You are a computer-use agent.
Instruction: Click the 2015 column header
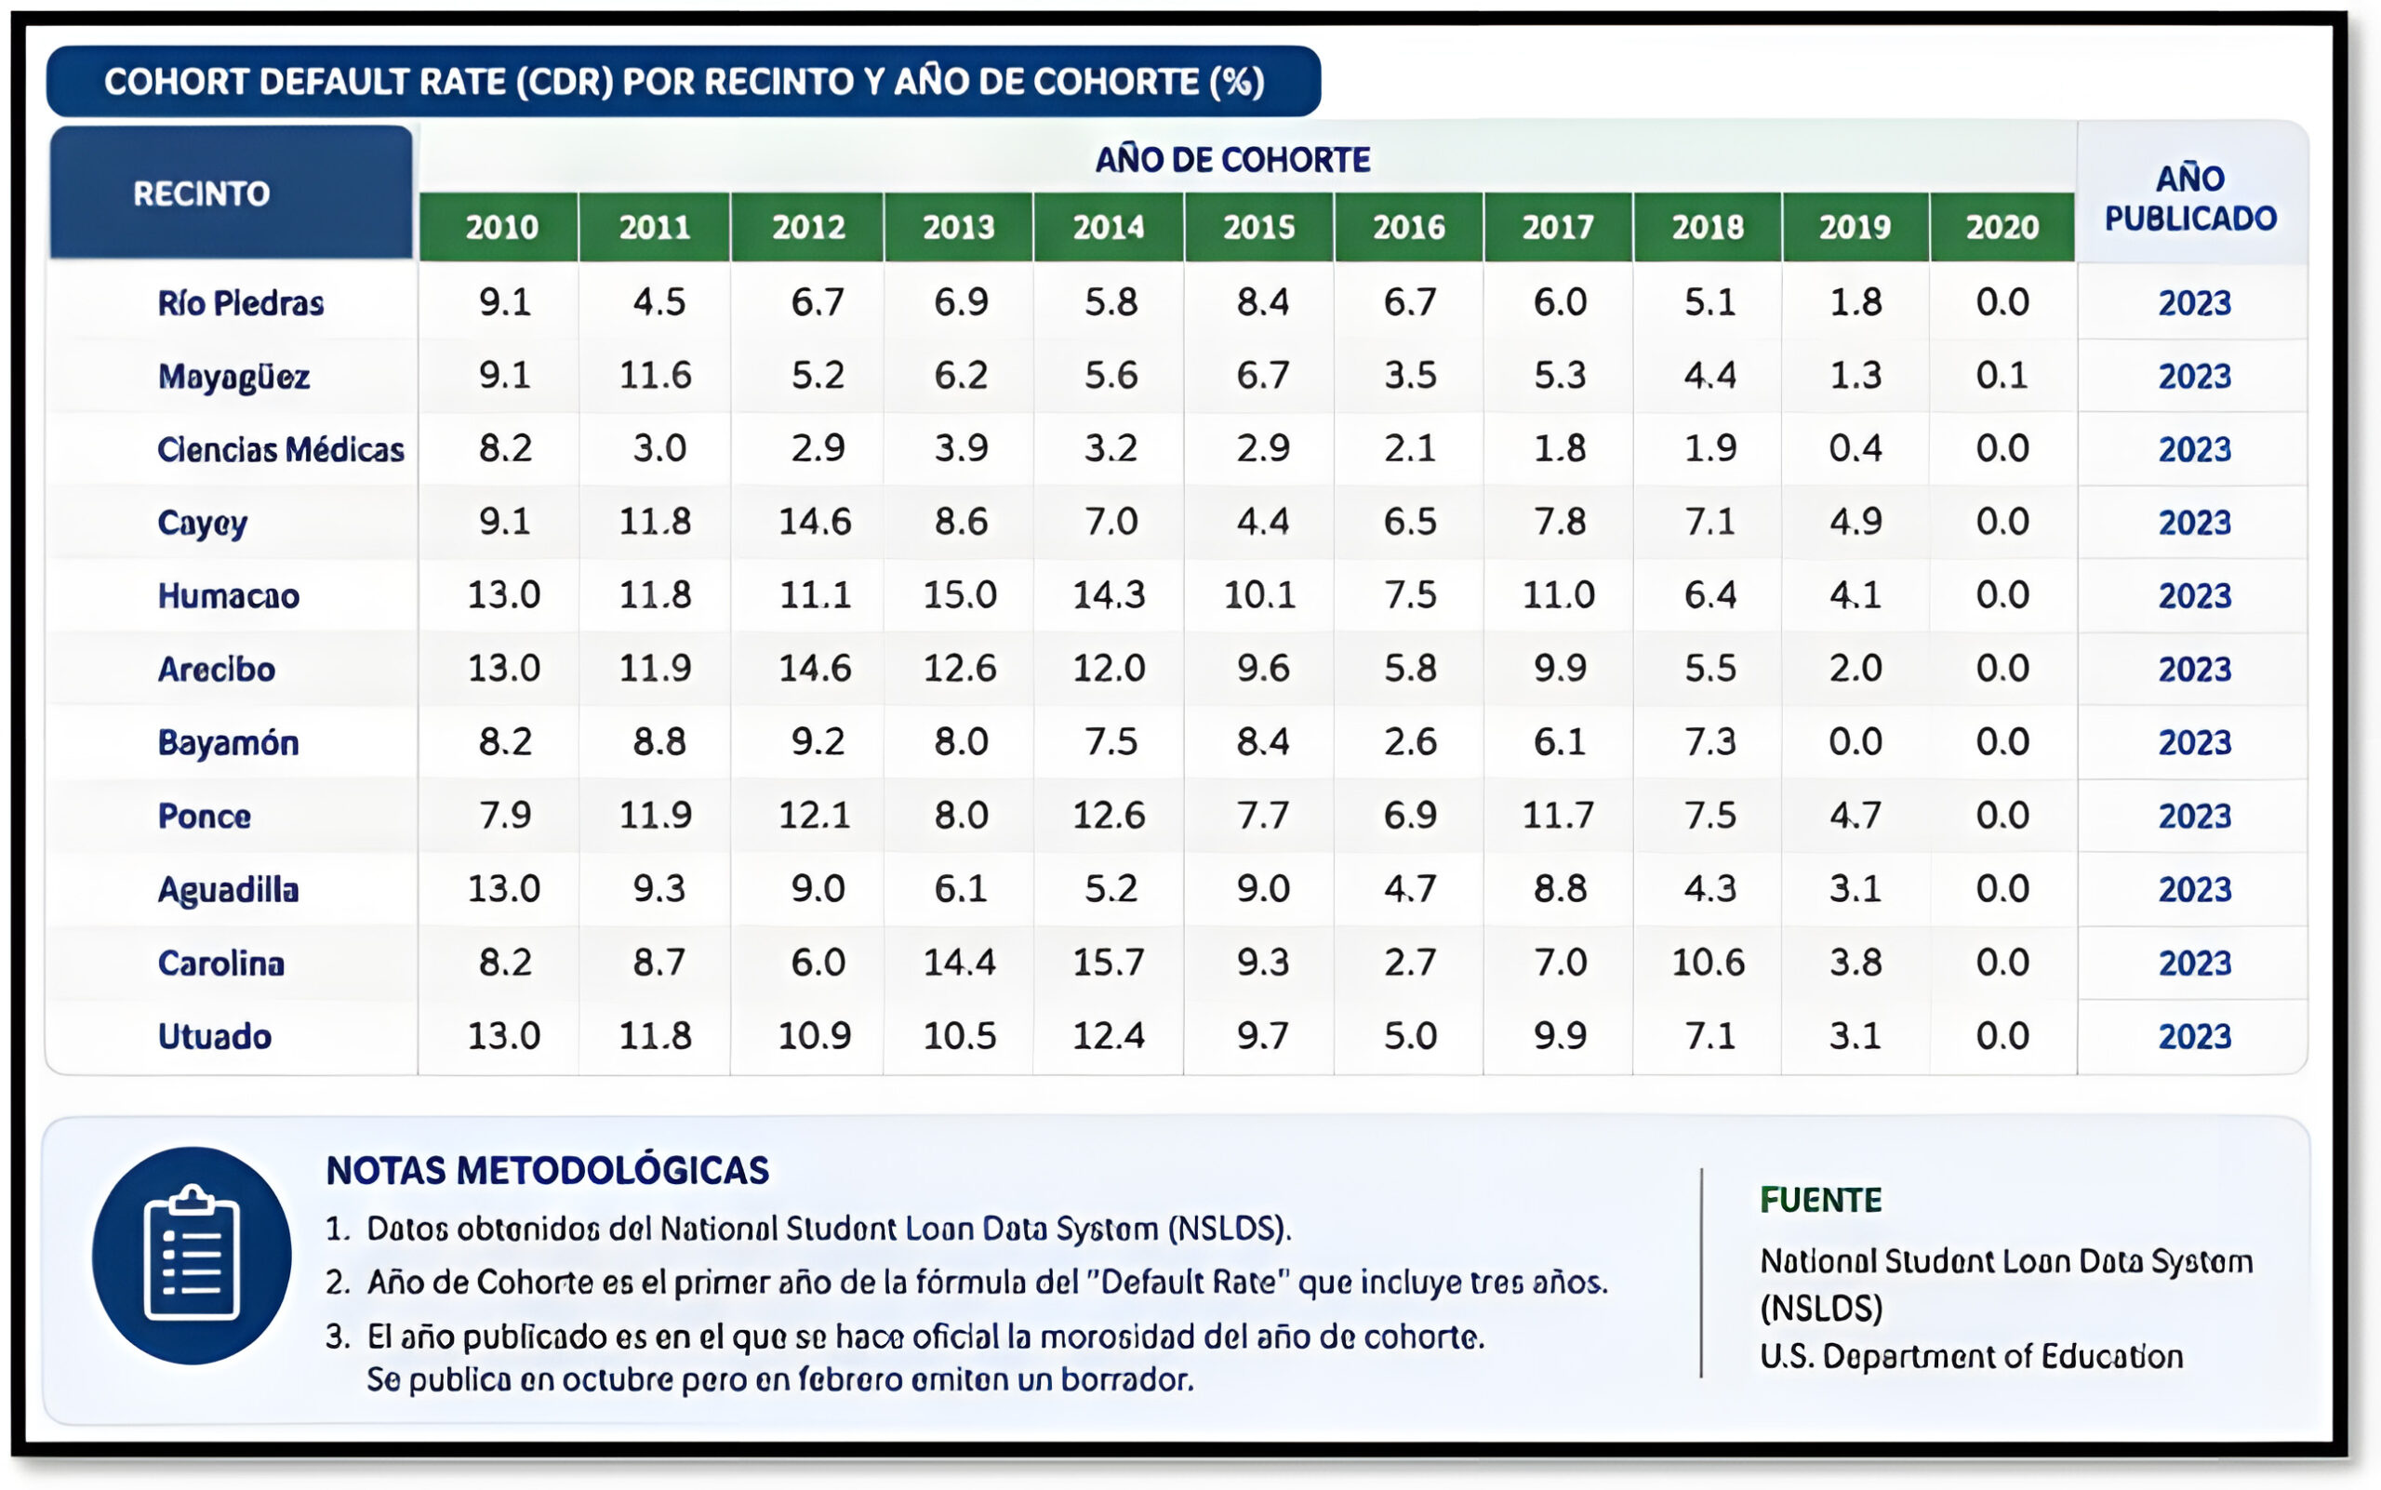(1258, 228)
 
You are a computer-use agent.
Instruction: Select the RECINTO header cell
(232, 193)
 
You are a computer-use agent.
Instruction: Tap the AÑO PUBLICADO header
(2190, 198)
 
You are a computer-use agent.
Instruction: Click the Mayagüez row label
(233, 377)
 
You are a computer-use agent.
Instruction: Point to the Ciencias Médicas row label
(281, 449)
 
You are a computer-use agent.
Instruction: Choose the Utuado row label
(215, 1037)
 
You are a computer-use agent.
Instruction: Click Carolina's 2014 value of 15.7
(1109, 962)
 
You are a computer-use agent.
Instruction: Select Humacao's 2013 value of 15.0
(960, 595)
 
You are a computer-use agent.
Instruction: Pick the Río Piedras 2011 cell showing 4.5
(658, 301)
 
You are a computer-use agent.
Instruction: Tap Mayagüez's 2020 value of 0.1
(2002, 376)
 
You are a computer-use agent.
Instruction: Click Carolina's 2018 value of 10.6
(1708, 962)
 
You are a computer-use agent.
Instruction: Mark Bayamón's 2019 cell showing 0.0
(1855, 742)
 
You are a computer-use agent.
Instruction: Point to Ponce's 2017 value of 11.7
(1558, 815)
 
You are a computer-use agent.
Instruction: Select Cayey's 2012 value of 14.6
(815, 521)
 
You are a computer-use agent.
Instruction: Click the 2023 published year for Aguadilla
(2195, 890)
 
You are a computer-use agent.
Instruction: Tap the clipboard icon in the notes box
(193, 1256)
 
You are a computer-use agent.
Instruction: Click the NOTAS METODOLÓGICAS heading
(548, 1171)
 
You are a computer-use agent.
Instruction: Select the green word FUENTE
(1821, 1200)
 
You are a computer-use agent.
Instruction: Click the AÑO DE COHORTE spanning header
(1233, 160)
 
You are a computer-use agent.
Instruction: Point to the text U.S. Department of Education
(1971, 1357)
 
